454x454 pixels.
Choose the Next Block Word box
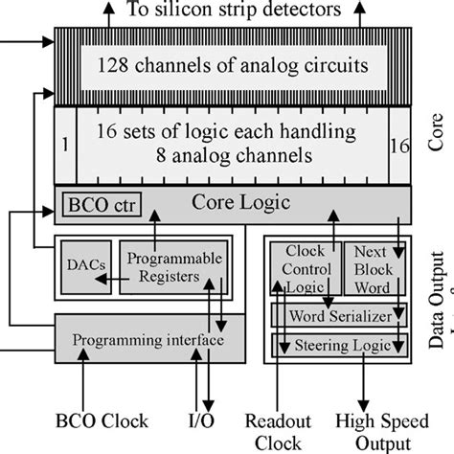point(374,267)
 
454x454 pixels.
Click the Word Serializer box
point(340,315)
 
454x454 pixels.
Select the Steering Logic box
point(340,342)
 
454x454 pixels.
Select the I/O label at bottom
point(194,420)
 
